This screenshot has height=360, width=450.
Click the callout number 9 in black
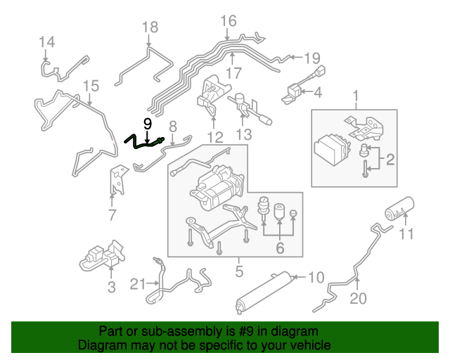148,124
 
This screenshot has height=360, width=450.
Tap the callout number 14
46,41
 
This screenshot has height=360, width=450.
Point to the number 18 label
150,27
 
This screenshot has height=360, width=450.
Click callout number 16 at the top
229,20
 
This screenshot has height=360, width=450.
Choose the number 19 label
312,58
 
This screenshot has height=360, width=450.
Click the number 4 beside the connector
317,92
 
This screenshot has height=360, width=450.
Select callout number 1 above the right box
356,95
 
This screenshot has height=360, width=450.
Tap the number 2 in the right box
390,160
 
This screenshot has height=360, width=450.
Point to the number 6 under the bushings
280,247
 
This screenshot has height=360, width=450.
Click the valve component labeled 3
98,257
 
